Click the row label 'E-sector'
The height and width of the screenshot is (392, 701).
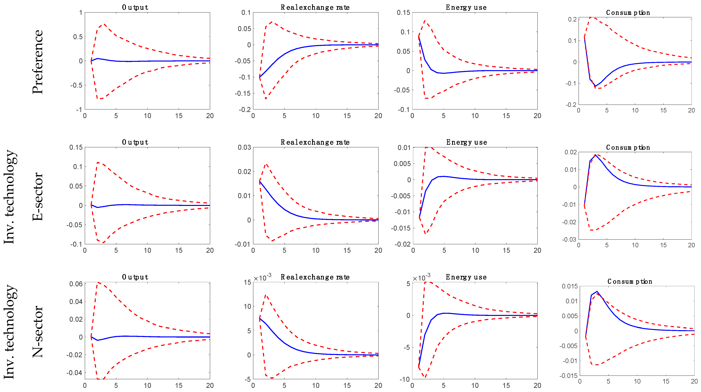click(38, 196)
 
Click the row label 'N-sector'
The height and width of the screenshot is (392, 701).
click(38, 331)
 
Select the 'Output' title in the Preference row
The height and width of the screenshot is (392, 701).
click(135, 7)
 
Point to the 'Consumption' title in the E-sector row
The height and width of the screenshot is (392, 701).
click(628, 147)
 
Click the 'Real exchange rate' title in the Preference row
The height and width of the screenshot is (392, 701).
click(315, 7)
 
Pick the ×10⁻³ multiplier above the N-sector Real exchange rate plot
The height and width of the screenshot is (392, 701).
click(262, 278)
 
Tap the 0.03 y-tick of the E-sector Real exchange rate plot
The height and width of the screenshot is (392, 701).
click(244, 147)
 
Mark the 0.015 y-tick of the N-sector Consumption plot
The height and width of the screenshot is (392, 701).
click(570, 286)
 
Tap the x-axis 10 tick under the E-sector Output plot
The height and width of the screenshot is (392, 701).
click(147, 250)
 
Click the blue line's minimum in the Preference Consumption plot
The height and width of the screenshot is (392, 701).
click(595, 86)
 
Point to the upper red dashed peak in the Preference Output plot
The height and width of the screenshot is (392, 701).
click(104, 24)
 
